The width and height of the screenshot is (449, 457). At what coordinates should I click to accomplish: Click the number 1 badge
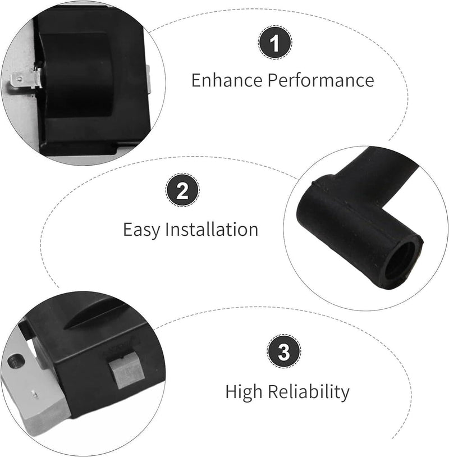click(275, 43)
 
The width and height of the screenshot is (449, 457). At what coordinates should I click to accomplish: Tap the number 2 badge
click(183, 190)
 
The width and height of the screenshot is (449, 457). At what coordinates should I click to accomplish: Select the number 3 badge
click(284, 351)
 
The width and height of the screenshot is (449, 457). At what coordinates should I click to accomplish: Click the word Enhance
click(227, 80)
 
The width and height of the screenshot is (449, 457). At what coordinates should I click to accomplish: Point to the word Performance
click(321, 81)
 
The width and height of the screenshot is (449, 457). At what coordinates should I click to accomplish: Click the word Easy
click(141, 230)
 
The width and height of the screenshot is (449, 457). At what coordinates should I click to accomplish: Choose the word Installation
click(212, 229)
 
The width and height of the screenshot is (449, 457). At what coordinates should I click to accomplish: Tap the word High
click(244, 392)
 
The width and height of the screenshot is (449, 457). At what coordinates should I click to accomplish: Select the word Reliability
click(309, 392)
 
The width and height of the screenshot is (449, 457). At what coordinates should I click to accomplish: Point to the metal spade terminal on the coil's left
click(25, 80)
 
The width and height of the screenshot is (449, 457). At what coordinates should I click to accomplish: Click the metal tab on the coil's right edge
click(149, 79)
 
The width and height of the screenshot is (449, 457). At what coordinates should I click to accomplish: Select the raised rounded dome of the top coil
click(77, 72)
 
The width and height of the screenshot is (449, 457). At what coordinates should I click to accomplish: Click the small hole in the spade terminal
click(19, 79)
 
